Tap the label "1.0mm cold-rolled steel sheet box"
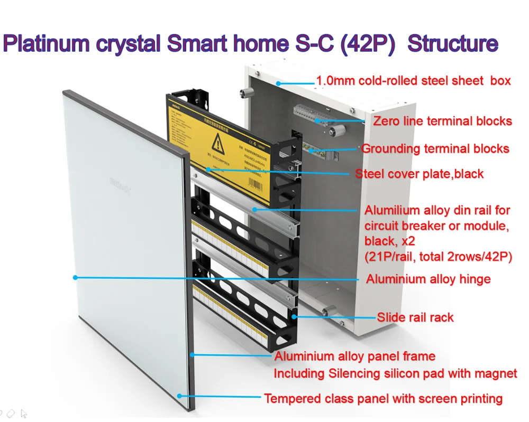[x=413, y=81]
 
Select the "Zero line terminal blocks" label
[x=442, y=121]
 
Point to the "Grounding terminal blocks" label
[x=435, y=148]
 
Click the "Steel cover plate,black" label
[x=419, y=174]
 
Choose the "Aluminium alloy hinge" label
[x=428, y=279]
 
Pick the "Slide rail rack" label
[x=415, y=317]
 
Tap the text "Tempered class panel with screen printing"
[x=383, y=398]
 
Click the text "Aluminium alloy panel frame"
[x=354, y=357]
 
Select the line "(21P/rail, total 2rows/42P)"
[x=438, y=257]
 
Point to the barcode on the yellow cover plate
[x=257, y=171]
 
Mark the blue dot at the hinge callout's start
[x=75, y=277]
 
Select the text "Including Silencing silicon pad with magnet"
[x=395, y=373]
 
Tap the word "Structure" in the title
[x=453, y=44]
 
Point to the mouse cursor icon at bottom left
[x=23, y=414]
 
